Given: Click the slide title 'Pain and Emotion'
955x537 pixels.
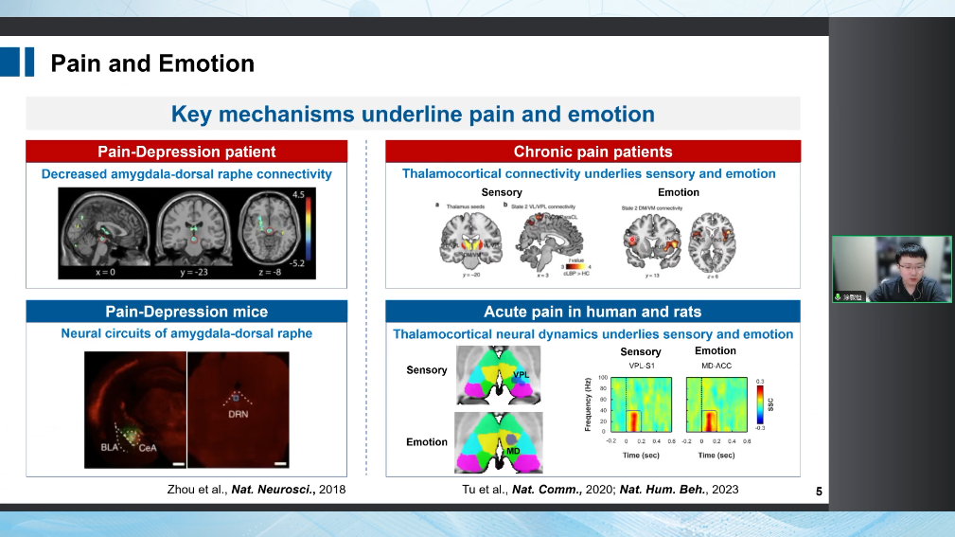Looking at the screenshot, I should [152, 63].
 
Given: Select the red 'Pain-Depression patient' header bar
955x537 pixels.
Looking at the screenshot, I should [186, 152].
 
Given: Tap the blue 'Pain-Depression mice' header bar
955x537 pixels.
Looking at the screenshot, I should [186, 312].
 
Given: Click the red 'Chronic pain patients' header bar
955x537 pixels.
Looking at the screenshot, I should [592, 152].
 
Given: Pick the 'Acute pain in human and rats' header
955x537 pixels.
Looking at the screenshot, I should [592, 312].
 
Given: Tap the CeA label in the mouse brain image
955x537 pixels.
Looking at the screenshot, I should [148, 448].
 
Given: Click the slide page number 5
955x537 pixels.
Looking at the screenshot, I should [818, 491].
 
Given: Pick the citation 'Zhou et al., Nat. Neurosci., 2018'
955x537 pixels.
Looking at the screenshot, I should [255, 490].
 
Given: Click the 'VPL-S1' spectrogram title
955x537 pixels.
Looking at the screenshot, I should [640, 365].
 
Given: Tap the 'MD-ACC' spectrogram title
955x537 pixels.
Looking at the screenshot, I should [715, 365].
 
